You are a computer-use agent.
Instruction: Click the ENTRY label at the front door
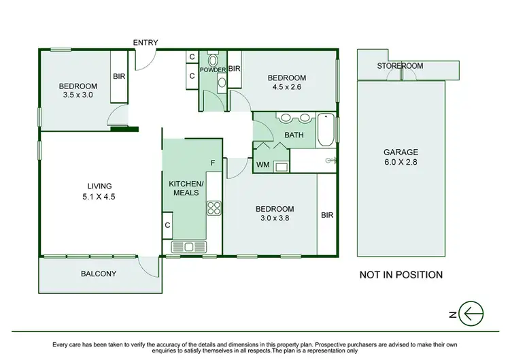[146, 43]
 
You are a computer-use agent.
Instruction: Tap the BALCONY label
[99, 274]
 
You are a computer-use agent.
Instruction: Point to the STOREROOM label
[401, 66]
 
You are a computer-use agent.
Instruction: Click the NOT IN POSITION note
[401, 275]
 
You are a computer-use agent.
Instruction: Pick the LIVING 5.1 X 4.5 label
[99, 191]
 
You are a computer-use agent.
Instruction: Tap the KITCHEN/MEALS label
[186, 189]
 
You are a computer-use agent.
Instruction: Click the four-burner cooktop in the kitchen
[215, 207]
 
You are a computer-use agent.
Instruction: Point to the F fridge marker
[213, 163]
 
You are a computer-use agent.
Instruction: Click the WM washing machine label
[262, 165]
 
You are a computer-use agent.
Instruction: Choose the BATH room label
[294, 135]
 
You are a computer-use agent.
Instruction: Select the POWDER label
[213, 69]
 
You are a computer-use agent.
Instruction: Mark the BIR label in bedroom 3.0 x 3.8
[326, 215]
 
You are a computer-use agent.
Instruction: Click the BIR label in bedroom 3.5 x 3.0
[118, 77]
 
